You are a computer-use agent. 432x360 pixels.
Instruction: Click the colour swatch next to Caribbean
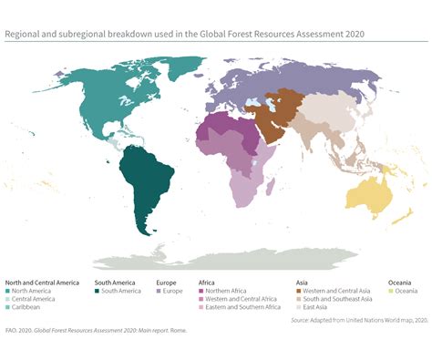8,307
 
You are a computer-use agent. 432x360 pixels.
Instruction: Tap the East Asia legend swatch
299,307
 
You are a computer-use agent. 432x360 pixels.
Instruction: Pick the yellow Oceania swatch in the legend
391,291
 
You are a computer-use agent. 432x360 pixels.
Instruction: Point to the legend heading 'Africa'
207,282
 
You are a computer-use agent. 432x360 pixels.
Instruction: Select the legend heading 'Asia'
303,282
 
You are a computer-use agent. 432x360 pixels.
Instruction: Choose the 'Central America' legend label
34,299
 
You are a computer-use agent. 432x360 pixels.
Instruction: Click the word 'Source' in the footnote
302,320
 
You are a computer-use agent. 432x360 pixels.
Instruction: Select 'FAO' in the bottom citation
11,330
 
